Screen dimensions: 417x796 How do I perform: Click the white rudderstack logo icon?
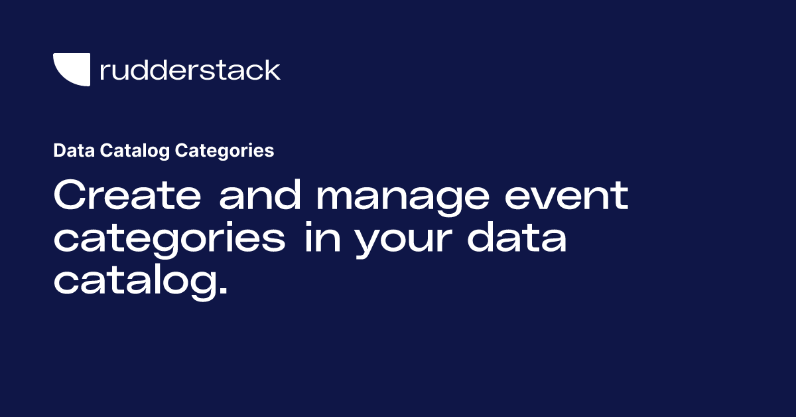71,69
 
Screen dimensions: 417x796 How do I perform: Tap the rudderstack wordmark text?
190,70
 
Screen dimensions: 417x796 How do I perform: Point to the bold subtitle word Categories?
224,151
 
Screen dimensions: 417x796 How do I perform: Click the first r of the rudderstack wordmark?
104,72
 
